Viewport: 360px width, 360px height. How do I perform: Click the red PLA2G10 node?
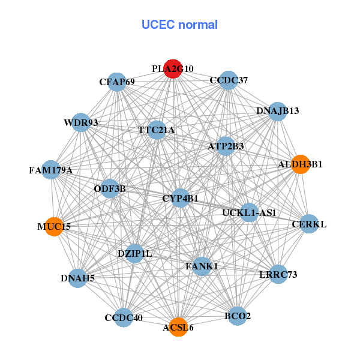(173, 69)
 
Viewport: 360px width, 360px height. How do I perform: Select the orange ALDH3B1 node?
(300, 164)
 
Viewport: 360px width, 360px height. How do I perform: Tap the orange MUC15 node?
(54, 226)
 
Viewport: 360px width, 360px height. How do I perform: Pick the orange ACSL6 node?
(178, 327)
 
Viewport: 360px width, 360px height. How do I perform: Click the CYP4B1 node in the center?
(181, 198)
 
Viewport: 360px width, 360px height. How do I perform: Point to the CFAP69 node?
(117, 82)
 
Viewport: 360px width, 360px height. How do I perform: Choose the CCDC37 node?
(229, 80)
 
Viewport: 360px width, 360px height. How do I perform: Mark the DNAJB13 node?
(277, 111)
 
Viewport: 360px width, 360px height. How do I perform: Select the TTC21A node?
(156, 130)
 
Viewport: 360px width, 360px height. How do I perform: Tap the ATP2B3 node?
(226, 146)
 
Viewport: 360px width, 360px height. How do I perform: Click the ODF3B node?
(110, 189)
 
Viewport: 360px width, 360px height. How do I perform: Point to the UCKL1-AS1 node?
(249, 212)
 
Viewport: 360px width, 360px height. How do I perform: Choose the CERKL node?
(309, 224)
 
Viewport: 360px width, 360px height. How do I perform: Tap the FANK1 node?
(202, 266)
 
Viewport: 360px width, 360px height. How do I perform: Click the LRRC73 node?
(278, 274)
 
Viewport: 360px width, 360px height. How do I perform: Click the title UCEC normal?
(179, 25)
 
